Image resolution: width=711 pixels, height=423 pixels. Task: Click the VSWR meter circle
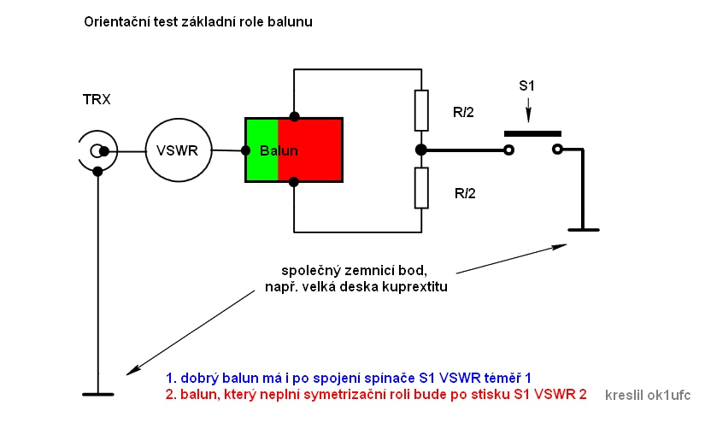point(177,150)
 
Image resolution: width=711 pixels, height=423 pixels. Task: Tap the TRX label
point(97,100)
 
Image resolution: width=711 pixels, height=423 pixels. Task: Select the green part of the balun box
point(261,150)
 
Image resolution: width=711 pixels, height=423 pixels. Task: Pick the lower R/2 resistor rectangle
point(420,188)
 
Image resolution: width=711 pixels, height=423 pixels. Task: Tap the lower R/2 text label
point(464,193)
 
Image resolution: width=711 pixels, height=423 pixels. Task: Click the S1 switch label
point(528,85)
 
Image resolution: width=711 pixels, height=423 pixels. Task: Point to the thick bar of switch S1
point(532,133)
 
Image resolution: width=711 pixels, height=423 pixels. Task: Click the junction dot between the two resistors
point(420,150)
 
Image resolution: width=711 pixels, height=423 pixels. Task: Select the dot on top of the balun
point(294,116)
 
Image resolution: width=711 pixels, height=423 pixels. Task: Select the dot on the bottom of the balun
point(294,181)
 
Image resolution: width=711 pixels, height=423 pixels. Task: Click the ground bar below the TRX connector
point(98,394)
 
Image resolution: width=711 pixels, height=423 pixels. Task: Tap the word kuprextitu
point(414,287)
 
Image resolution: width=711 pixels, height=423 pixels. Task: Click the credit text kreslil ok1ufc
point(647,395)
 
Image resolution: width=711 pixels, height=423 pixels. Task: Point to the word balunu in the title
point(292,21)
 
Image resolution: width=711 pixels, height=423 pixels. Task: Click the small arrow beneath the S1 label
point(528,110)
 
